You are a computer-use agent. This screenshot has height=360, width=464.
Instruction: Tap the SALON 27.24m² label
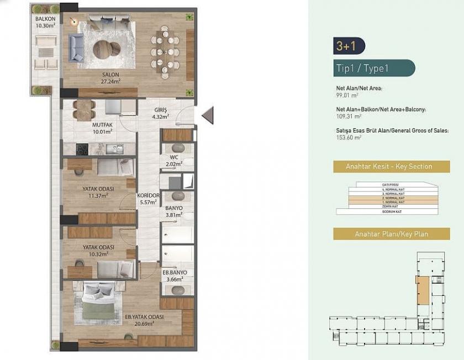pyautogui.click(x=110, y=78)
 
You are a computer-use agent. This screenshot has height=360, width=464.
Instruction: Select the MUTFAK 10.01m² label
pyautogui.click(x=102, y=128)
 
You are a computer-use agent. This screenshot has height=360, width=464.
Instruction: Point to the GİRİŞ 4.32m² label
pyautogui.click(x=161, y=113)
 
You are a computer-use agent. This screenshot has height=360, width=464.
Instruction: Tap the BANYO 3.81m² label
pyautogui.click(x=173, y=211)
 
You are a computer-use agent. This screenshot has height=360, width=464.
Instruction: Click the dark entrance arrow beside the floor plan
pyautogui.click(x=207, y=115)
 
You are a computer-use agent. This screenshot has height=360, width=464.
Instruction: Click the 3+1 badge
pyautogui.click(x=349, y=46)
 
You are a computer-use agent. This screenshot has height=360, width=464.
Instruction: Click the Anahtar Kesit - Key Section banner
pyautogui.click(x=391, y=166)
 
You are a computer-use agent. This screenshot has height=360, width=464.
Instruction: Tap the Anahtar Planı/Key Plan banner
pyautogui.click(x=391, y=234)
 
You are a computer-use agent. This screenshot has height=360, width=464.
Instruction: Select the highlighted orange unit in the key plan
pyautogui.click(x=422, y=290)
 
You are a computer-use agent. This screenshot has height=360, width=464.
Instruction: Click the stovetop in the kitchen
pyautogui.click(x=82, y=149)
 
